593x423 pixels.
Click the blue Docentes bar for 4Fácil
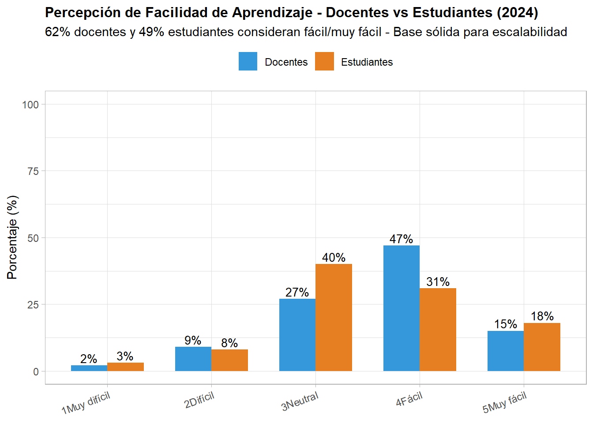click(x=402, y=308)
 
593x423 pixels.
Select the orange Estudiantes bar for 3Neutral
click(x=334, y=317)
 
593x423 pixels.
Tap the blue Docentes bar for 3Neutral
click(x=297, y=335)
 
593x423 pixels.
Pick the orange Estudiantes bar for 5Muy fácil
click(x=542, y=347)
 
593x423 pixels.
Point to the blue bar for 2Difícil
click(x=193, y=359)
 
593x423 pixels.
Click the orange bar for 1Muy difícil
click(x=126, y=367)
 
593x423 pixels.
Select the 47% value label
click(x=401, y=239)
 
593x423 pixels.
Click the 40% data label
click(x=334, y=257)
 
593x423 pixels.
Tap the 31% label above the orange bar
click(x=438, y=282)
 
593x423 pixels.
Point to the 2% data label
click(x=89, y=359)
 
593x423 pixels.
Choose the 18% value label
click(x=542, y=316)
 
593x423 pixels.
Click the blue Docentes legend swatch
click(x=248, y=62)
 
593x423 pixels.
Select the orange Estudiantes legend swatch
click(x=324, y=62)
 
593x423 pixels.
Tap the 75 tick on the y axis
click(x=33, y=171)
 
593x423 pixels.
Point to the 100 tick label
click(x=30, y=104)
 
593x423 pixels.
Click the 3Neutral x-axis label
click(x=300, y=401)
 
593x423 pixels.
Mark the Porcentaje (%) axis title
click(x=12, y=237)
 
